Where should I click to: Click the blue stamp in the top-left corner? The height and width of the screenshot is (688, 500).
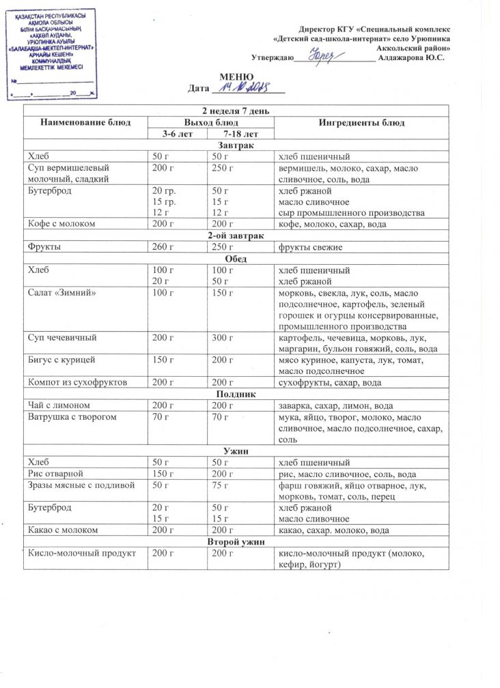(51, 53)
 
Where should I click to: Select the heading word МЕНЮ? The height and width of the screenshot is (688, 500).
(236, 76)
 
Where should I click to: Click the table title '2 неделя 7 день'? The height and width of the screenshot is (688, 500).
(236, 111)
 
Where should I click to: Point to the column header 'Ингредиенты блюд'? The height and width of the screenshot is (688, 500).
(361, 123)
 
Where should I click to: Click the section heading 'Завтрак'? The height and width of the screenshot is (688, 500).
(236, 146)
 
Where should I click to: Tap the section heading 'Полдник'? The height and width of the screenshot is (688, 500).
(236, 395)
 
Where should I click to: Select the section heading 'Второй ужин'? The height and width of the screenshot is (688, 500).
(236, 541)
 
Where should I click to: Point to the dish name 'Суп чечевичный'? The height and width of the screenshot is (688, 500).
(61, 338)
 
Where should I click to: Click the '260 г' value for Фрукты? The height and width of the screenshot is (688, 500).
(163, 247)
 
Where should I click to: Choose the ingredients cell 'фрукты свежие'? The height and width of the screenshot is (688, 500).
(311, 247)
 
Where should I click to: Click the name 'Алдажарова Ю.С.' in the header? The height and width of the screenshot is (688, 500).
(415, 57)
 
